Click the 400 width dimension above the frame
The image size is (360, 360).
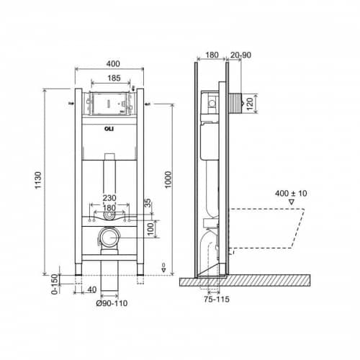point(113,64)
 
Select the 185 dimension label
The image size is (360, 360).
point(114,78)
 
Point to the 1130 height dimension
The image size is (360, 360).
point(38,180)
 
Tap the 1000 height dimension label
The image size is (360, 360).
point(168,179)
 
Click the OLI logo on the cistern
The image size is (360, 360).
point(109,129)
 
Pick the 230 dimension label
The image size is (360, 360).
point(109,198)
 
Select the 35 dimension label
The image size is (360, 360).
point(148,203)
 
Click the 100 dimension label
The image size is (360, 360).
point(150,229)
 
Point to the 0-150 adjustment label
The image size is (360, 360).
point(55,284)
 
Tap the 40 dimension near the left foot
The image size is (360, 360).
point(92,290)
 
